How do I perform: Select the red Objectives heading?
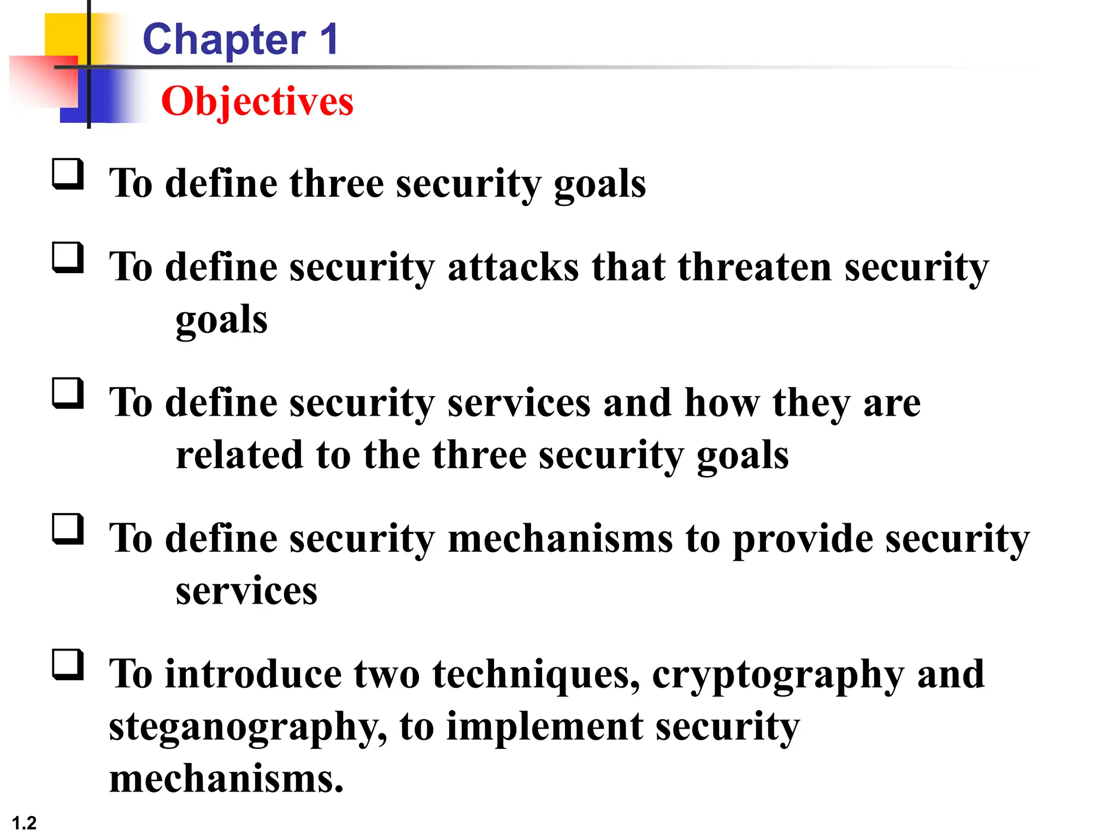(257, 102)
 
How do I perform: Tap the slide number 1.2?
(24, 823)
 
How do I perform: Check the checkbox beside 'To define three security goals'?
(68, 174)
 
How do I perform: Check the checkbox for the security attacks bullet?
(68, 258)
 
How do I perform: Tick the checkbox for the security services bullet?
(68, 393)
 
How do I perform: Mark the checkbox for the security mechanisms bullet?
(68, 529)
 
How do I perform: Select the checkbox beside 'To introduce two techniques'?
(68, 664)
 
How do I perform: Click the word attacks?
(513, 267)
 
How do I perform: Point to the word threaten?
(755, 267)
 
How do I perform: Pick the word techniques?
(535, 675)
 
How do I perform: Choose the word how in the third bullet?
(722, 403)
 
